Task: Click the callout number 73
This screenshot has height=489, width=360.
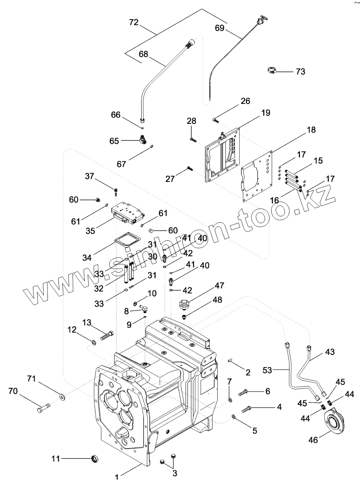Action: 300,72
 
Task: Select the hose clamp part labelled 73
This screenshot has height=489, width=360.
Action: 273,71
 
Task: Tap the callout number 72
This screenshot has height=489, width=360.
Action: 134,23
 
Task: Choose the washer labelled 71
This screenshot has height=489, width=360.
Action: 62,397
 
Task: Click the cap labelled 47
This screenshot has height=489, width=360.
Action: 184,304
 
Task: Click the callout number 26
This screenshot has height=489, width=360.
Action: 245,101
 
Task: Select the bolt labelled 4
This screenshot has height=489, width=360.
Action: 247,409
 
